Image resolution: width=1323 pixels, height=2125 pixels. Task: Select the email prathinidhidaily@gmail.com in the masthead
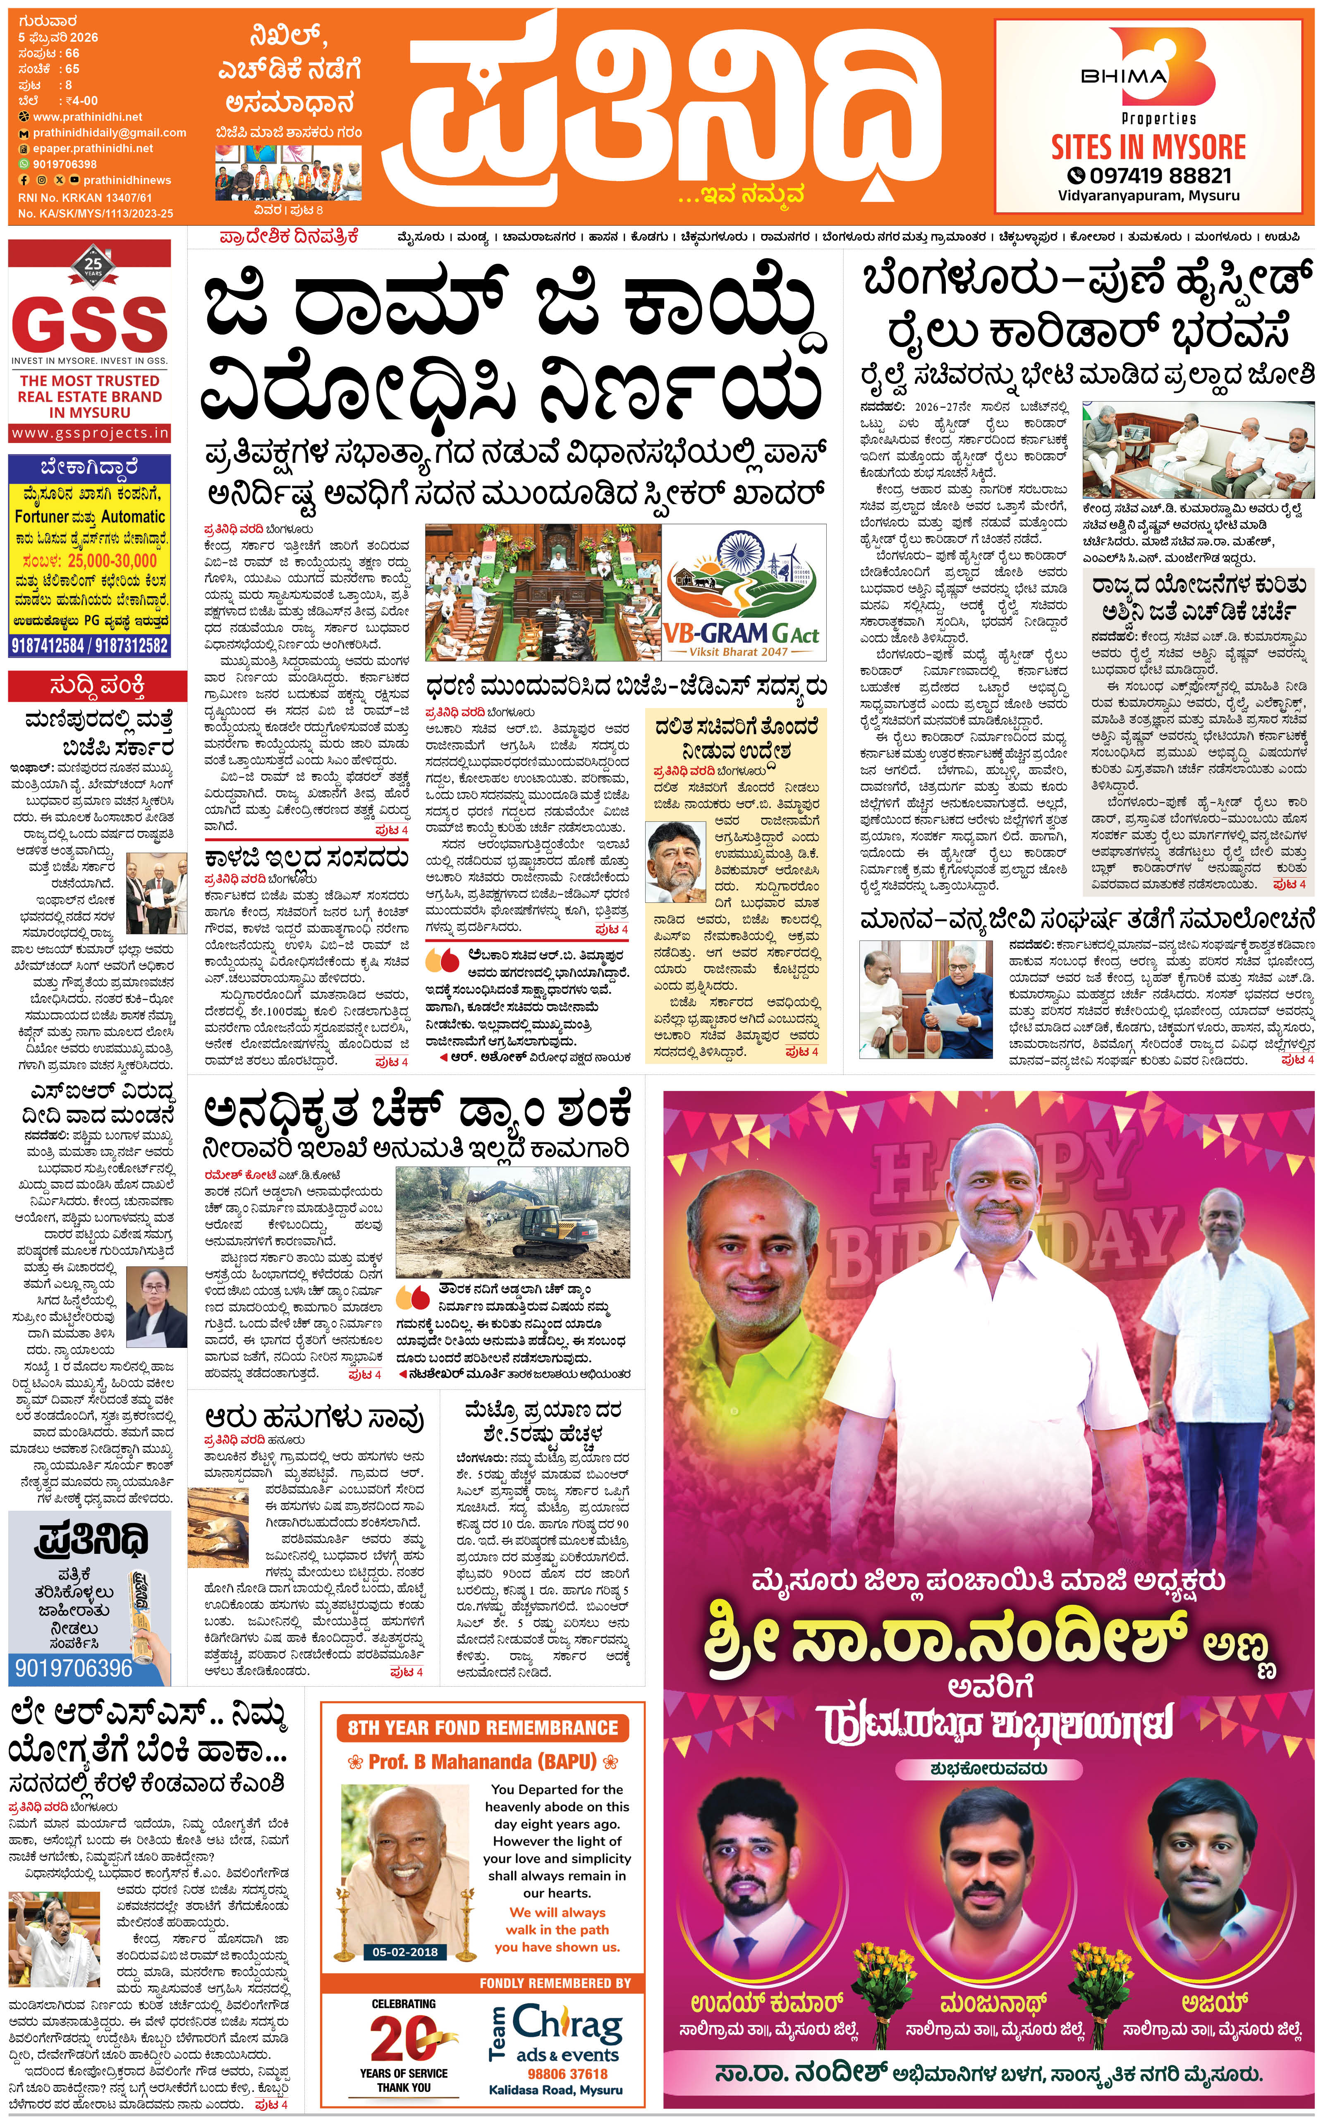click(109, 133)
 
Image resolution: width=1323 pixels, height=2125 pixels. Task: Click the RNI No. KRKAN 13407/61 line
click(85, 198)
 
